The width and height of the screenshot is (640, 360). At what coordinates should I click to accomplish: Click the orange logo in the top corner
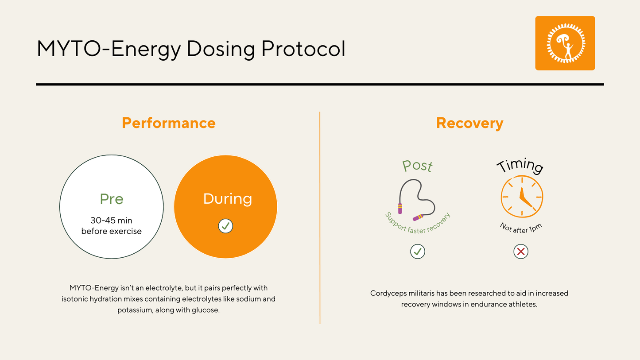[x=565, y=43]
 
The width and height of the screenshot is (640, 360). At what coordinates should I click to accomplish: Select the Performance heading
[x=169, y=123]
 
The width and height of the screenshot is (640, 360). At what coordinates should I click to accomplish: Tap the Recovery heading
[x=469, y=123]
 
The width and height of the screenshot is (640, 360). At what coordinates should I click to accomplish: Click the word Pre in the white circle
[x=112, y=199]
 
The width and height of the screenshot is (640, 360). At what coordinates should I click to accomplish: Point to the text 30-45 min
[x=112, y=220]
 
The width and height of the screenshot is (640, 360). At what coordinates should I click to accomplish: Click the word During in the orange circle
[x=227, y=198]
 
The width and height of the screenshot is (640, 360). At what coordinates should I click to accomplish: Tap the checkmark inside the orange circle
[x=225, y=226]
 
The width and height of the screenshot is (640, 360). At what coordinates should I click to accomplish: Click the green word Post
[x=417, y=166]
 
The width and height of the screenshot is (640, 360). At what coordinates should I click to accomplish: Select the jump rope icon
[x=417, y=199]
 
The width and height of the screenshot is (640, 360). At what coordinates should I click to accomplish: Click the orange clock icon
[x=522, y=197]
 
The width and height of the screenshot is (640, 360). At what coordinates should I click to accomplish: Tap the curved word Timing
[x=520, y=166]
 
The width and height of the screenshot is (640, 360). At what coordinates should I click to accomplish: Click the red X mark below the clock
[x=521, y=252]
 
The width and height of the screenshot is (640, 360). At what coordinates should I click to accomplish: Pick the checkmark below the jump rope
[x=417, y=252]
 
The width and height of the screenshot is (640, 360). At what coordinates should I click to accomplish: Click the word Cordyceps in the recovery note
[x=387, y=293]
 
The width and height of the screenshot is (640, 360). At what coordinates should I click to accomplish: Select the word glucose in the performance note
[x=206, y=310]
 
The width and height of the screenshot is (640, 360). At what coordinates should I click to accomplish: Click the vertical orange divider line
[x=320, y=217]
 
